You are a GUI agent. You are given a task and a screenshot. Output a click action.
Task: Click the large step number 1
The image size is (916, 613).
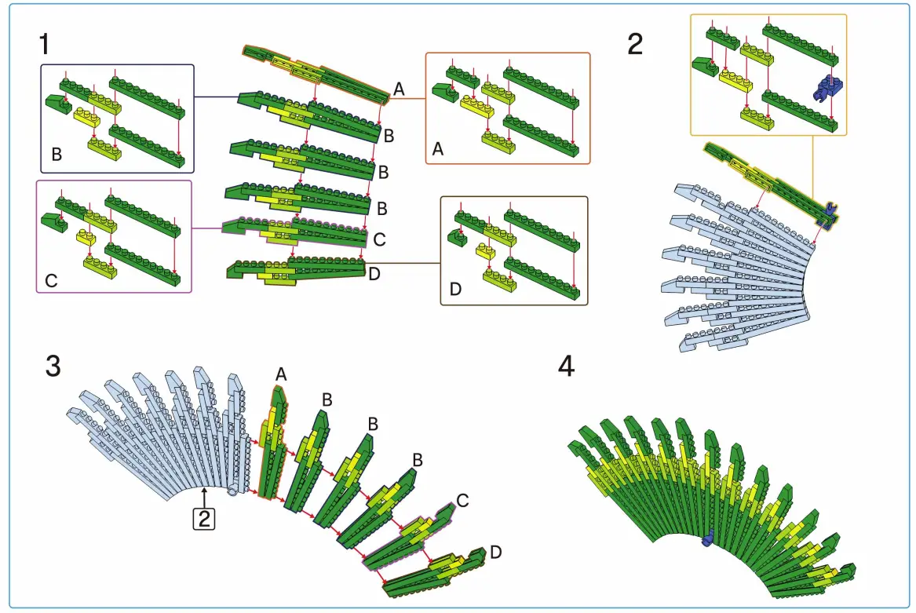pos(44,43)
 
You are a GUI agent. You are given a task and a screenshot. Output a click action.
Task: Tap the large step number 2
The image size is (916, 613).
pos(635,43)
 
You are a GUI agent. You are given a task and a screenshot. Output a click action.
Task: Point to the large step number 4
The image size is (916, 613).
pos(566,367)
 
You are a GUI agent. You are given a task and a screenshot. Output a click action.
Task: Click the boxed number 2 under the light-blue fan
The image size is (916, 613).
pos(203,518)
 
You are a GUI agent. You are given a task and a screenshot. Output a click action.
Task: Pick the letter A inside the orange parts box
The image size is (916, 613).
pos(438,148)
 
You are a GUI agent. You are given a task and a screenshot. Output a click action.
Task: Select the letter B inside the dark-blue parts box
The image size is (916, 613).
pos(57,155)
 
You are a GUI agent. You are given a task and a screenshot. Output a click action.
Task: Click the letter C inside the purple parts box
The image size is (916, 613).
pos(51,279)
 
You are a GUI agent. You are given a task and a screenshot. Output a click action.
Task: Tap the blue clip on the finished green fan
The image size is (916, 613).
pos(706,538)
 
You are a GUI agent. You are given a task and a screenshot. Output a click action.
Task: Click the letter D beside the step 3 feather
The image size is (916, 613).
pos(495,553)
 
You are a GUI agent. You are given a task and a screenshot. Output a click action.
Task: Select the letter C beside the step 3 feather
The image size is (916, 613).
pos(462,500)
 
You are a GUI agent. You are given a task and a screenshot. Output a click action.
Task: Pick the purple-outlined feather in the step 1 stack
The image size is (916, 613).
pos(294,230)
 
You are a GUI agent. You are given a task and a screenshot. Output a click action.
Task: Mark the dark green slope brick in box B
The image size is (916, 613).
pos(56,101)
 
